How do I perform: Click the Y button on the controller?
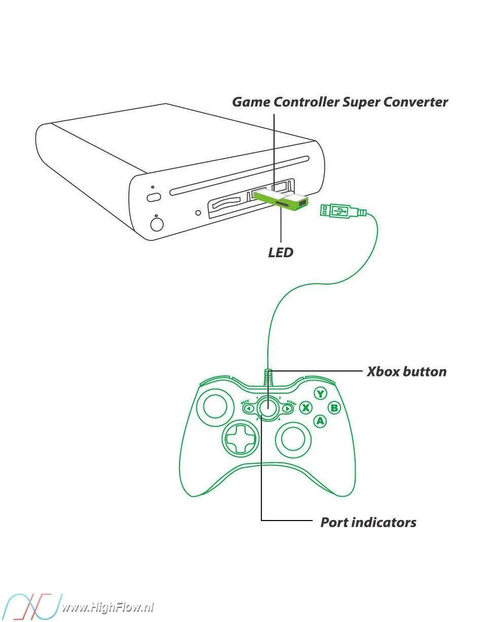[x=320, y=394]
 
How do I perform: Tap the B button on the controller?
[x=334, y=407]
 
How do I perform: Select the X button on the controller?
[x=306, y=407]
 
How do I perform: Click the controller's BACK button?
[x=249, y=408]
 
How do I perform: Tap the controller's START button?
[x=287, y=408]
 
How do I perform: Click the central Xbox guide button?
[x=268, y=407]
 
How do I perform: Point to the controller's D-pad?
[x=240, y=438]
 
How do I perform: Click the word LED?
[x=281, y=252]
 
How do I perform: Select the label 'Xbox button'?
[x=406, y=371]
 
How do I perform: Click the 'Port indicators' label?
[x=368, y=522]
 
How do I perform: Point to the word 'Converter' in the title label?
[x=415, y=102]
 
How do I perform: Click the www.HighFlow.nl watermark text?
[x=108, y=607]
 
